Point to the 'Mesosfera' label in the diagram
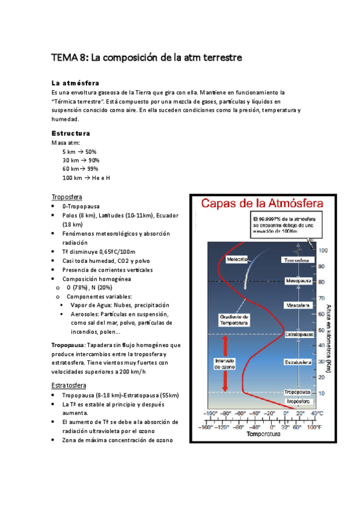297,305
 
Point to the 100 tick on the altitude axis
323,250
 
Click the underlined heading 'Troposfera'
67,197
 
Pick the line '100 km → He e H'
86,178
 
